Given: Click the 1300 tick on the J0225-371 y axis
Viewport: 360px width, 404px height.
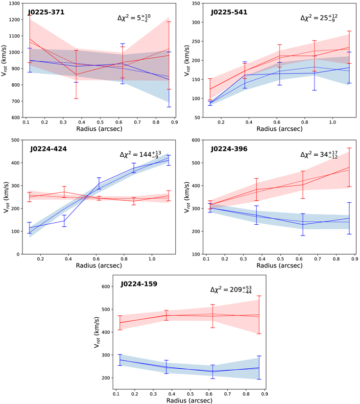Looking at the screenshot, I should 15,3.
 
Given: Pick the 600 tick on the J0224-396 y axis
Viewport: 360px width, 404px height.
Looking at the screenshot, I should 195,140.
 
